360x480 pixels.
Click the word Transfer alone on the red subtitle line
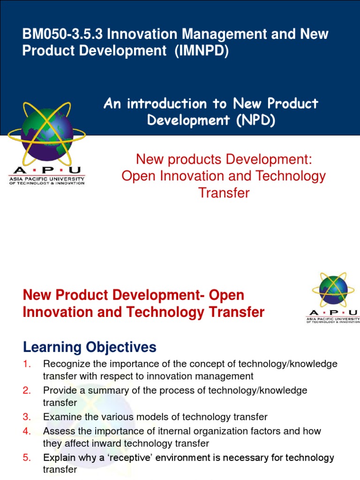tap(224, 192)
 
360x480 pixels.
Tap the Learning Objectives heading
tap(89, 347)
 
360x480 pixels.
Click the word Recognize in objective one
tap(63, 364)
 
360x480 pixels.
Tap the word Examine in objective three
tap(59, 417)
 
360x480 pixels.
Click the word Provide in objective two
tap(58, 390)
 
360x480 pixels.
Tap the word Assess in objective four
tap(56, 431)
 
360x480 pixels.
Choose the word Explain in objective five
tap(58, 457)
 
